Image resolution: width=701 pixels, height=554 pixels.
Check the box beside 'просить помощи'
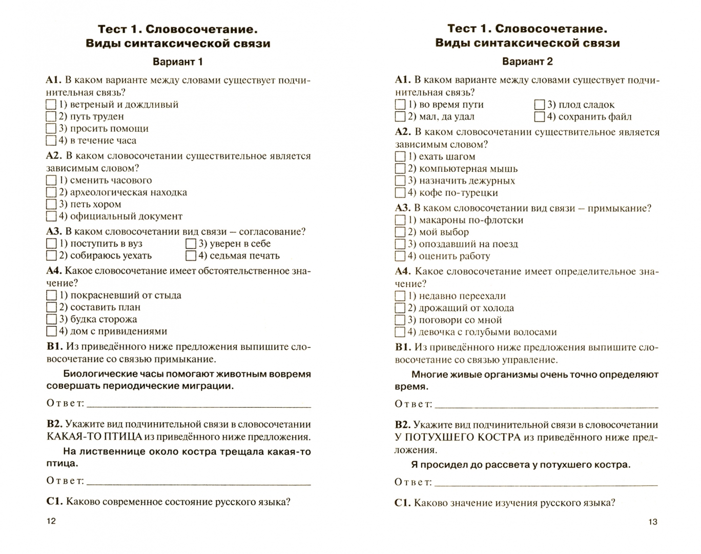51,128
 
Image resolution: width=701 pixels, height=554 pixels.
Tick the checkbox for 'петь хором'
51,204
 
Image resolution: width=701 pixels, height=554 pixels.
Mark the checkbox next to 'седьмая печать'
191,255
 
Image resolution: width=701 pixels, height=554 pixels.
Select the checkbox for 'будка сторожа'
51,319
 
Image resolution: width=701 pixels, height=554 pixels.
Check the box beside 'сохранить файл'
540,116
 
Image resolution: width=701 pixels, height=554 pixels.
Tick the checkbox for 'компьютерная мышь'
400,169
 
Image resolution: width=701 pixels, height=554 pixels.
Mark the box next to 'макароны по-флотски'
400,220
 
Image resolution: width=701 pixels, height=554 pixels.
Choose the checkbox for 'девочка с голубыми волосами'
400,332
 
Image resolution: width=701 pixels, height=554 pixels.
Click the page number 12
51,521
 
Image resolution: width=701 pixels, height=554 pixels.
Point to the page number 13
652,522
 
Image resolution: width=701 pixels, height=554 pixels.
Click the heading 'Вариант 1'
178,62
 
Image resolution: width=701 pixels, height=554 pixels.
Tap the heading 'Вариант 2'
527,62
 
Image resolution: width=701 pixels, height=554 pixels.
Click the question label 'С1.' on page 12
54,502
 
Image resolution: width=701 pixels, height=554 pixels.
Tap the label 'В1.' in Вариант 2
403,347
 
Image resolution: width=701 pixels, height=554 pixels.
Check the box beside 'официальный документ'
51,216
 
